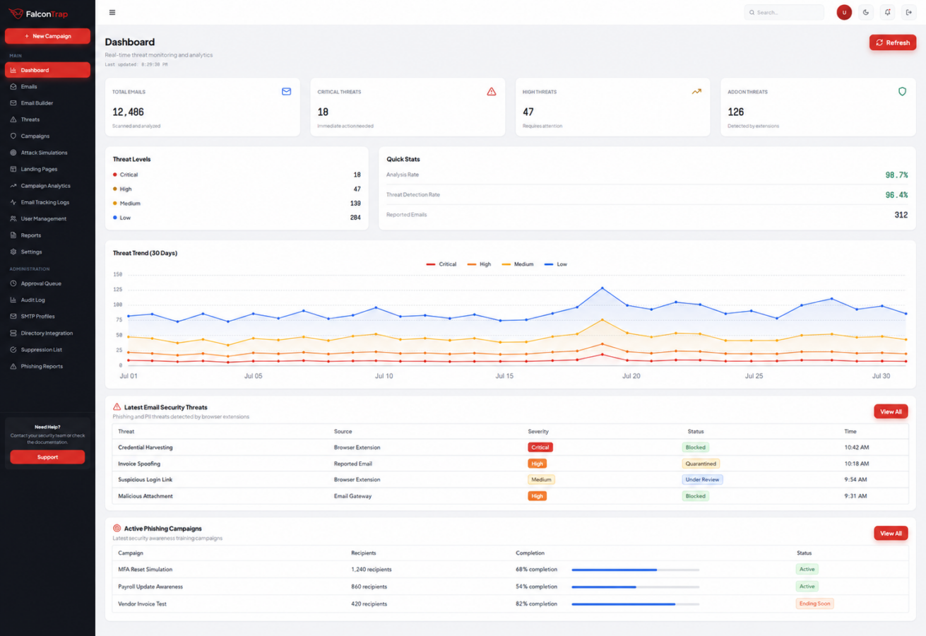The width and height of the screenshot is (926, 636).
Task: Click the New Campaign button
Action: [x=47, y=36]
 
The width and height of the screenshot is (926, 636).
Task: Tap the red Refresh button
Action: [x=893, y=42]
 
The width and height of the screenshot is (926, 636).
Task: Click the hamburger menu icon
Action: [x=112, y=13]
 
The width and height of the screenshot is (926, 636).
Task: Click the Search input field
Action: [x=784, y=13]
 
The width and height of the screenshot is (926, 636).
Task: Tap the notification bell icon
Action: [x=888, y=13]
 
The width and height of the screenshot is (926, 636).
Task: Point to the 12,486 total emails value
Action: [x=128, y=112]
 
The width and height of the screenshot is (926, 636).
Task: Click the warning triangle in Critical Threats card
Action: [x=491, y=91]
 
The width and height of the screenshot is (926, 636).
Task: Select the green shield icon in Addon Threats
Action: [x=902, y=91]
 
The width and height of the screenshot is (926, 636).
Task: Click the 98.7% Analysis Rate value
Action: [x=896, y=175]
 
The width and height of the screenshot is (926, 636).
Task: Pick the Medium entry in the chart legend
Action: [x=518, y=264]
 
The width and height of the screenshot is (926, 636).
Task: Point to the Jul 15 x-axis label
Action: [x=504, y=376]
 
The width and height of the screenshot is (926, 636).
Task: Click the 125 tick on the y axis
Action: [x=118, y=290]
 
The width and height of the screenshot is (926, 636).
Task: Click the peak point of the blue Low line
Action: [x=603, y=288]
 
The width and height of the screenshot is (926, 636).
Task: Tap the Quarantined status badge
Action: [x=701, y=464]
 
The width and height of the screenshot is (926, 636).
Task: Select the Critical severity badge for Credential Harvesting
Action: [x=540, y=447]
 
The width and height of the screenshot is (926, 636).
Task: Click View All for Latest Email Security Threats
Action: [x=891, y=412]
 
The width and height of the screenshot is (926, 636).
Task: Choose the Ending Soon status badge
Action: [x=814, y=603]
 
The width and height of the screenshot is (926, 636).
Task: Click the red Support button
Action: [x=47, y=457]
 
